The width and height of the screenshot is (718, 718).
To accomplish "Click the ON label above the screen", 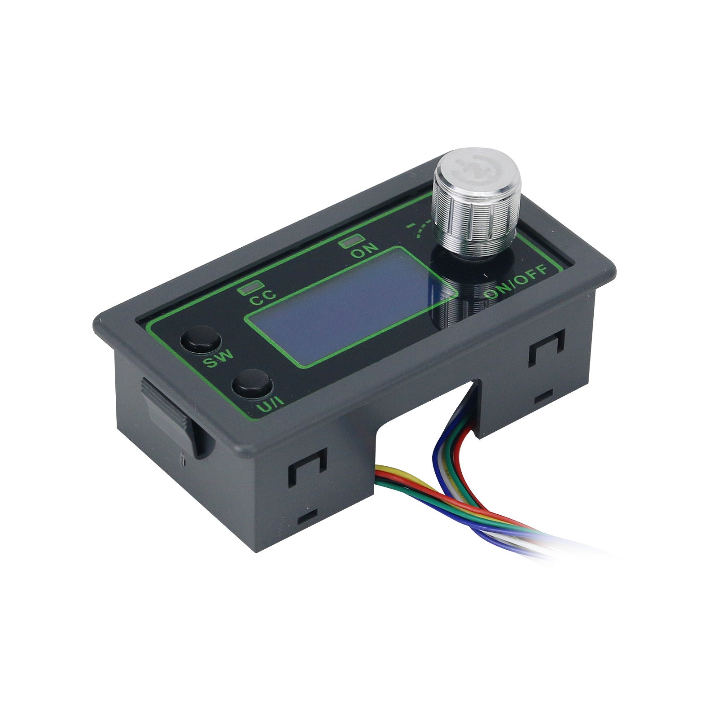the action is (x=364, y=252).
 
